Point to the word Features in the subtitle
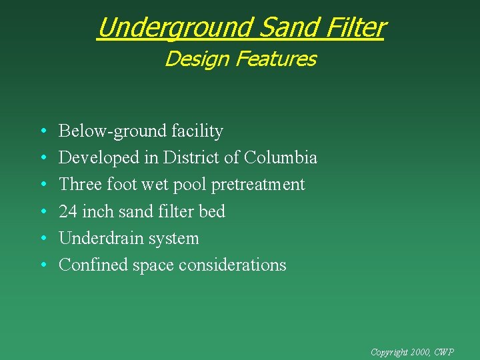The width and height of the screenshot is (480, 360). pos(277,59)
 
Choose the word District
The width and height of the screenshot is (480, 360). pos(198,158)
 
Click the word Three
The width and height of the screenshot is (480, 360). pos(79,185)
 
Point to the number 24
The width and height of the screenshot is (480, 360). pos(68,212)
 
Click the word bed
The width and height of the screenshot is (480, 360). pos(213,212)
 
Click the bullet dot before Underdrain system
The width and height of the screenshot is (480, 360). pos(43,239)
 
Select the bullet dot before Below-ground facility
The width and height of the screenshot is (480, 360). pos(43,131)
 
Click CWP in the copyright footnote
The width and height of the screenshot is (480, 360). pos(443,351)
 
